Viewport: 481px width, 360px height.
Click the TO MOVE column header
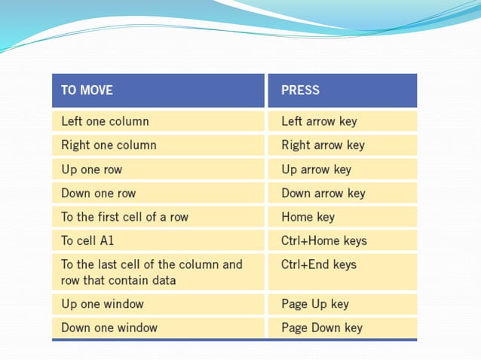pyautogui.click(x=87, y=90)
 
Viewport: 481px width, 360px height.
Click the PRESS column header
pyautogui.click(x=300, y=90)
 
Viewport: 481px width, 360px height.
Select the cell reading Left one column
pyautogui.click(x=105, y=121)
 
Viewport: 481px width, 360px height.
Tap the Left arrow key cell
pyautogui.click(x=319, y=121)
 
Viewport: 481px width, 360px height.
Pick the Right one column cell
pyautogui.click(x=109, y=145)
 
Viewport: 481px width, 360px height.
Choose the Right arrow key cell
pyautogui.click(x=323, y=145)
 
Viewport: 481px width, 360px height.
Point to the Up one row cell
pyautogui.click(x=91, y=169)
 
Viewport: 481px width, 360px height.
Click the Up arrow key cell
pyautogui.click(x=316, y=169)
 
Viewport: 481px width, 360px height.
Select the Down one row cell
pyautogui.click(x=98, y=194)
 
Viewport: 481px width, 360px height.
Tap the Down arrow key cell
pyautogui.click(x=323, y=194)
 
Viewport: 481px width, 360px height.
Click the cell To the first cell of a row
pyautogui.click(x=124, y=217)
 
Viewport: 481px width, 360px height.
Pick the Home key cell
pyautogui.click(x=308, y=217)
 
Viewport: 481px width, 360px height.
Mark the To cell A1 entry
pyautogui.click(x=87, y=241)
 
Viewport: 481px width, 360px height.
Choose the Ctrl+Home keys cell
pyautogui.click(x=323, y=241)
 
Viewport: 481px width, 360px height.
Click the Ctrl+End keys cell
pyautogui.click(x=318, y=265)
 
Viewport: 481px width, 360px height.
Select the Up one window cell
pyautogui.click(x=102, y=304)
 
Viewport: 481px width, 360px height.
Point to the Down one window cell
pyautogui.click(x=109, y=328)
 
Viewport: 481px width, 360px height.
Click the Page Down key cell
pyautogui.click(x=321, y=328)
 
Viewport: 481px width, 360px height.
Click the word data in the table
pyautogui.click(x=163, y=281)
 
